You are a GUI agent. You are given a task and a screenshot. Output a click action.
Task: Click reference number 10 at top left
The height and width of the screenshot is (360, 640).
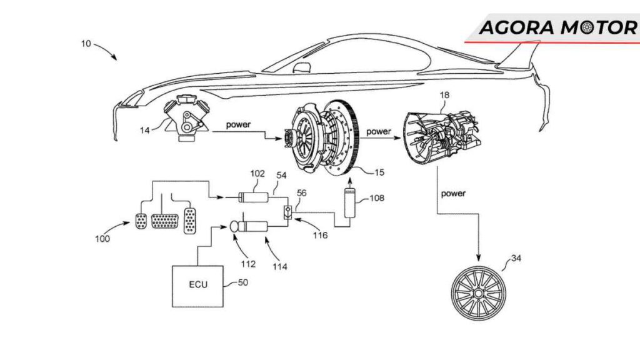86,44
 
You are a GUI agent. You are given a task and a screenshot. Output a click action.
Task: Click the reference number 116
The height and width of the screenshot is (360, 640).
321,237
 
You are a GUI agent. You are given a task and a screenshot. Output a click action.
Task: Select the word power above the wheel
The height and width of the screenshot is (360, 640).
453,193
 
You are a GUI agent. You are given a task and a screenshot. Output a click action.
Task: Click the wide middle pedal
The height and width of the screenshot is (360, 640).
164,223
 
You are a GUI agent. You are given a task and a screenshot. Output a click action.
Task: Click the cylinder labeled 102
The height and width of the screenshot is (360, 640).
255,199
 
